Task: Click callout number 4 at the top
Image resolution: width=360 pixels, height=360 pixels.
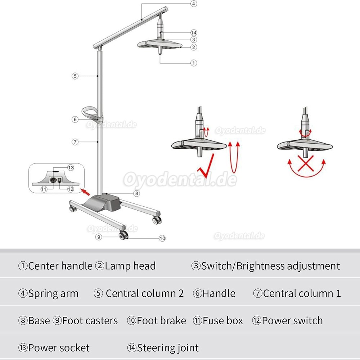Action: [194, 4]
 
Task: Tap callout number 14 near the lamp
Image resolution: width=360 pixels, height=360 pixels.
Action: [194, 32]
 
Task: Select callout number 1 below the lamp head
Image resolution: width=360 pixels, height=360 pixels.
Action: [194, 63]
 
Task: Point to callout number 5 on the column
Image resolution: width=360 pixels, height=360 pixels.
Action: [75, 76]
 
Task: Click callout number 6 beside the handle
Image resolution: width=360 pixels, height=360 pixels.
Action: [75, 119]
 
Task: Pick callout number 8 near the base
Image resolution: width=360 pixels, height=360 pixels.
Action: [136, 193]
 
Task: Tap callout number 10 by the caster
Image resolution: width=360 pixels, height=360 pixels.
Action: [162, 238]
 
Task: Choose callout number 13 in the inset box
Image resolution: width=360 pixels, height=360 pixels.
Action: [71, 167]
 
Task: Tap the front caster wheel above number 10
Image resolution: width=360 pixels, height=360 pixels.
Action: [124, 235]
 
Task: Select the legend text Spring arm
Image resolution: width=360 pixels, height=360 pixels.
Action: [53, 293]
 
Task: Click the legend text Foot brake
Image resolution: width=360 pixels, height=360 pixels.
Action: [161, 320]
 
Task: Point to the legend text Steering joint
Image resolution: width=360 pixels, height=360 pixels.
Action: [168, 348]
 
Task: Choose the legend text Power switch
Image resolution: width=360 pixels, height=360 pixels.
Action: [292, 320]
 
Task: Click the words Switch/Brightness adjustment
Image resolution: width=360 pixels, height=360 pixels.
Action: [270, 266]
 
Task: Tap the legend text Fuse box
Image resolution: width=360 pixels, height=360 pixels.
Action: [222, 320]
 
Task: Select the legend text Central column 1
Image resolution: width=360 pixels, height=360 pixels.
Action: [302, 293]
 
